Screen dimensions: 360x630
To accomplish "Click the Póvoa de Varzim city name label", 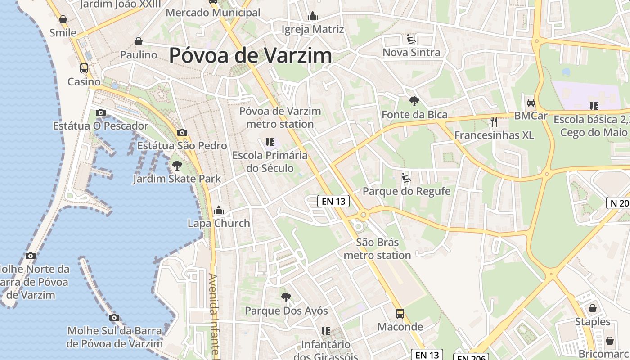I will point(251,55).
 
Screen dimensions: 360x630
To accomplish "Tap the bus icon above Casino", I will point(84,68).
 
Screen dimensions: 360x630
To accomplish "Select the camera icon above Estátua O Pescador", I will point(101,112).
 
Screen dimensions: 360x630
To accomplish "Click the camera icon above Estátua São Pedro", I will point(182,132).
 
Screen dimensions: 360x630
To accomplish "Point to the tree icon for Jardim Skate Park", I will point(177,166).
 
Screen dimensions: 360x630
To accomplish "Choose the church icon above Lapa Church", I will point(219,210).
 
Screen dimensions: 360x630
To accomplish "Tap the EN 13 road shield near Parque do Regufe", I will point(333,201).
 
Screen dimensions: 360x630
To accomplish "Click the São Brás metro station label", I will point(377,249).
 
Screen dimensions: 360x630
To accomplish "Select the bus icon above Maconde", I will point(400,313).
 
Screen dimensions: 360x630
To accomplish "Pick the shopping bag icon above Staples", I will point(593,308).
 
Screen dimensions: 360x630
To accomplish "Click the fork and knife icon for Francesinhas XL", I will point(494,121).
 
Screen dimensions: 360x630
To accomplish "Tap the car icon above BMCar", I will point(531,102).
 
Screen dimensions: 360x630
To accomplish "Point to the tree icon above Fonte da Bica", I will point(414,101).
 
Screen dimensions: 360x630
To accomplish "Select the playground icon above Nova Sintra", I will point(411,39).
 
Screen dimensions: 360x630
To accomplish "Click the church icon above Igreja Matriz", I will point(313,16).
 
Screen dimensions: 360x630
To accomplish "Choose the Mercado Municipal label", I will point(213,13).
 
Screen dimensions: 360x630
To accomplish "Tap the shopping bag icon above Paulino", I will point(139,41).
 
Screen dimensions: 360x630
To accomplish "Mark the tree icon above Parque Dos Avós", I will point(286,297).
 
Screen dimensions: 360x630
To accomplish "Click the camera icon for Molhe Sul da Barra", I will point(114,318).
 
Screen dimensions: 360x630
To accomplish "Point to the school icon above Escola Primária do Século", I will point(270,143).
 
